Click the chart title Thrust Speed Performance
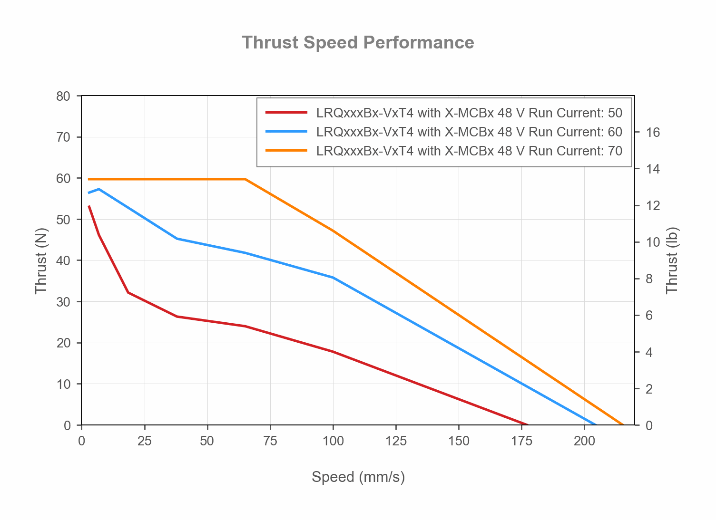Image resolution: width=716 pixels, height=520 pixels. coord(358,43)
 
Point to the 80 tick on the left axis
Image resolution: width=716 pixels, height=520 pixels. coord(63,96)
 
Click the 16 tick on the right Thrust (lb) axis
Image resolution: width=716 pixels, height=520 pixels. coord(653,132)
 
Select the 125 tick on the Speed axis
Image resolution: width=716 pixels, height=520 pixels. coord(396,441)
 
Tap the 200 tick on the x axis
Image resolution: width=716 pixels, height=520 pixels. coord(584,441)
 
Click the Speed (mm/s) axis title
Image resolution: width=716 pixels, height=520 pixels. coord(358,477)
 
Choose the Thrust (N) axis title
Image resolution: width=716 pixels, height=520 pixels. coord(41,260)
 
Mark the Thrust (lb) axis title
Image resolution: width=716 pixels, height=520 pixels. coord(672,260)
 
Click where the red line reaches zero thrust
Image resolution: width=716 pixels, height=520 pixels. coord(527,424)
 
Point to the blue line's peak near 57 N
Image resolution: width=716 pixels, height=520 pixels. coord(98,189)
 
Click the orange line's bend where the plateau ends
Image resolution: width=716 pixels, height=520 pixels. coord(245,179)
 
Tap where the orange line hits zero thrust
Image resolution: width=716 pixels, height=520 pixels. coord(623,424)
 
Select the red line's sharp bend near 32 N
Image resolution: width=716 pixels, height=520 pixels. coord(128,292)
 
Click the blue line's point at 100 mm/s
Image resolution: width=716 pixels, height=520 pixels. coord(333,278)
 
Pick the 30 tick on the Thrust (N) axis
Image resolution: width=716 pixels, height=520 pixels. coord(63,302)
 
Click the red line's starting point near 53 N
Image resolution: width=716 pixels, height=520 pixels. coord(89,206)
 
